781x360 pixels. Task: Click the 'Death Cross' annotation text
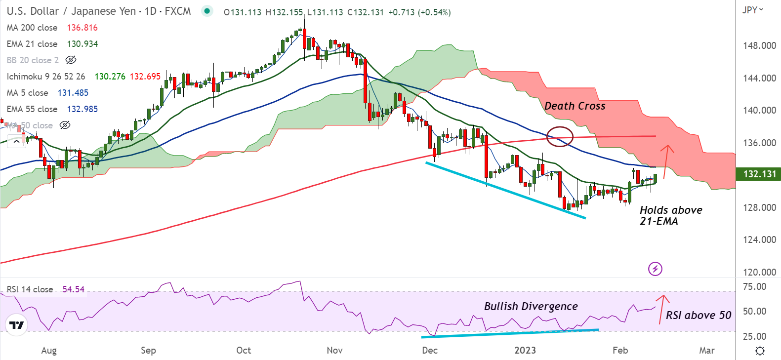(575, 106)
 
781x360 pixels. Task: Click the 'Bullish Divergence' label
(531, 306)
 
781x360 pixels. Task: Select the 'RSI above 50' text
(698, 315)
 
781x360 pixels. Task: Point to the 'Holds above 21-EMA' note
(670, 215)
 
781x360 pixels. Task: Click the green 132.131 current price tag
(759, 174)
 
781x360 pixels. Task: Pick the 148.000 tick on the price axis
(759, 45)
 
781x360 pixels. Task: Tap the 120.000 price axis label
(759, 272)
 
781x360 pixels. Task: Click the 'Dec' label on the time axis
(429, 350)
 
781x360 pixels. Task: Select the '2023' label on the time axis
(525, 350)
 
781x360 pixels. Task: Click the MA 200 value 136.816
(82, 28)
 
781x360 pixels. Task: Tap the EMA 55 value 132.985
(82, 109)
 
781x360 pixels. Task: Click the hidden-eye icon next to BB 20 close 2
(71, 60)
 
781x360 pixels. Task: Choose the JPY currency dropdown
(752, 10)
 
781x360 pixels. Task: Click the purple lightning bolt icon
(655, 269)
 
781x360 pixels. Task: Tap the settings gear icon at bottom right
(760, 351)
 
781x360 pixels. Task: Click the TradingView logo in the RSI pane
(16, 325)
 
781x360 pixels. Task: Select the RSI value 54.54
(73, 289)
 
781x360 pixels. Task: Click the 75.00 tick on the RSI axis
(754, 287)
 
